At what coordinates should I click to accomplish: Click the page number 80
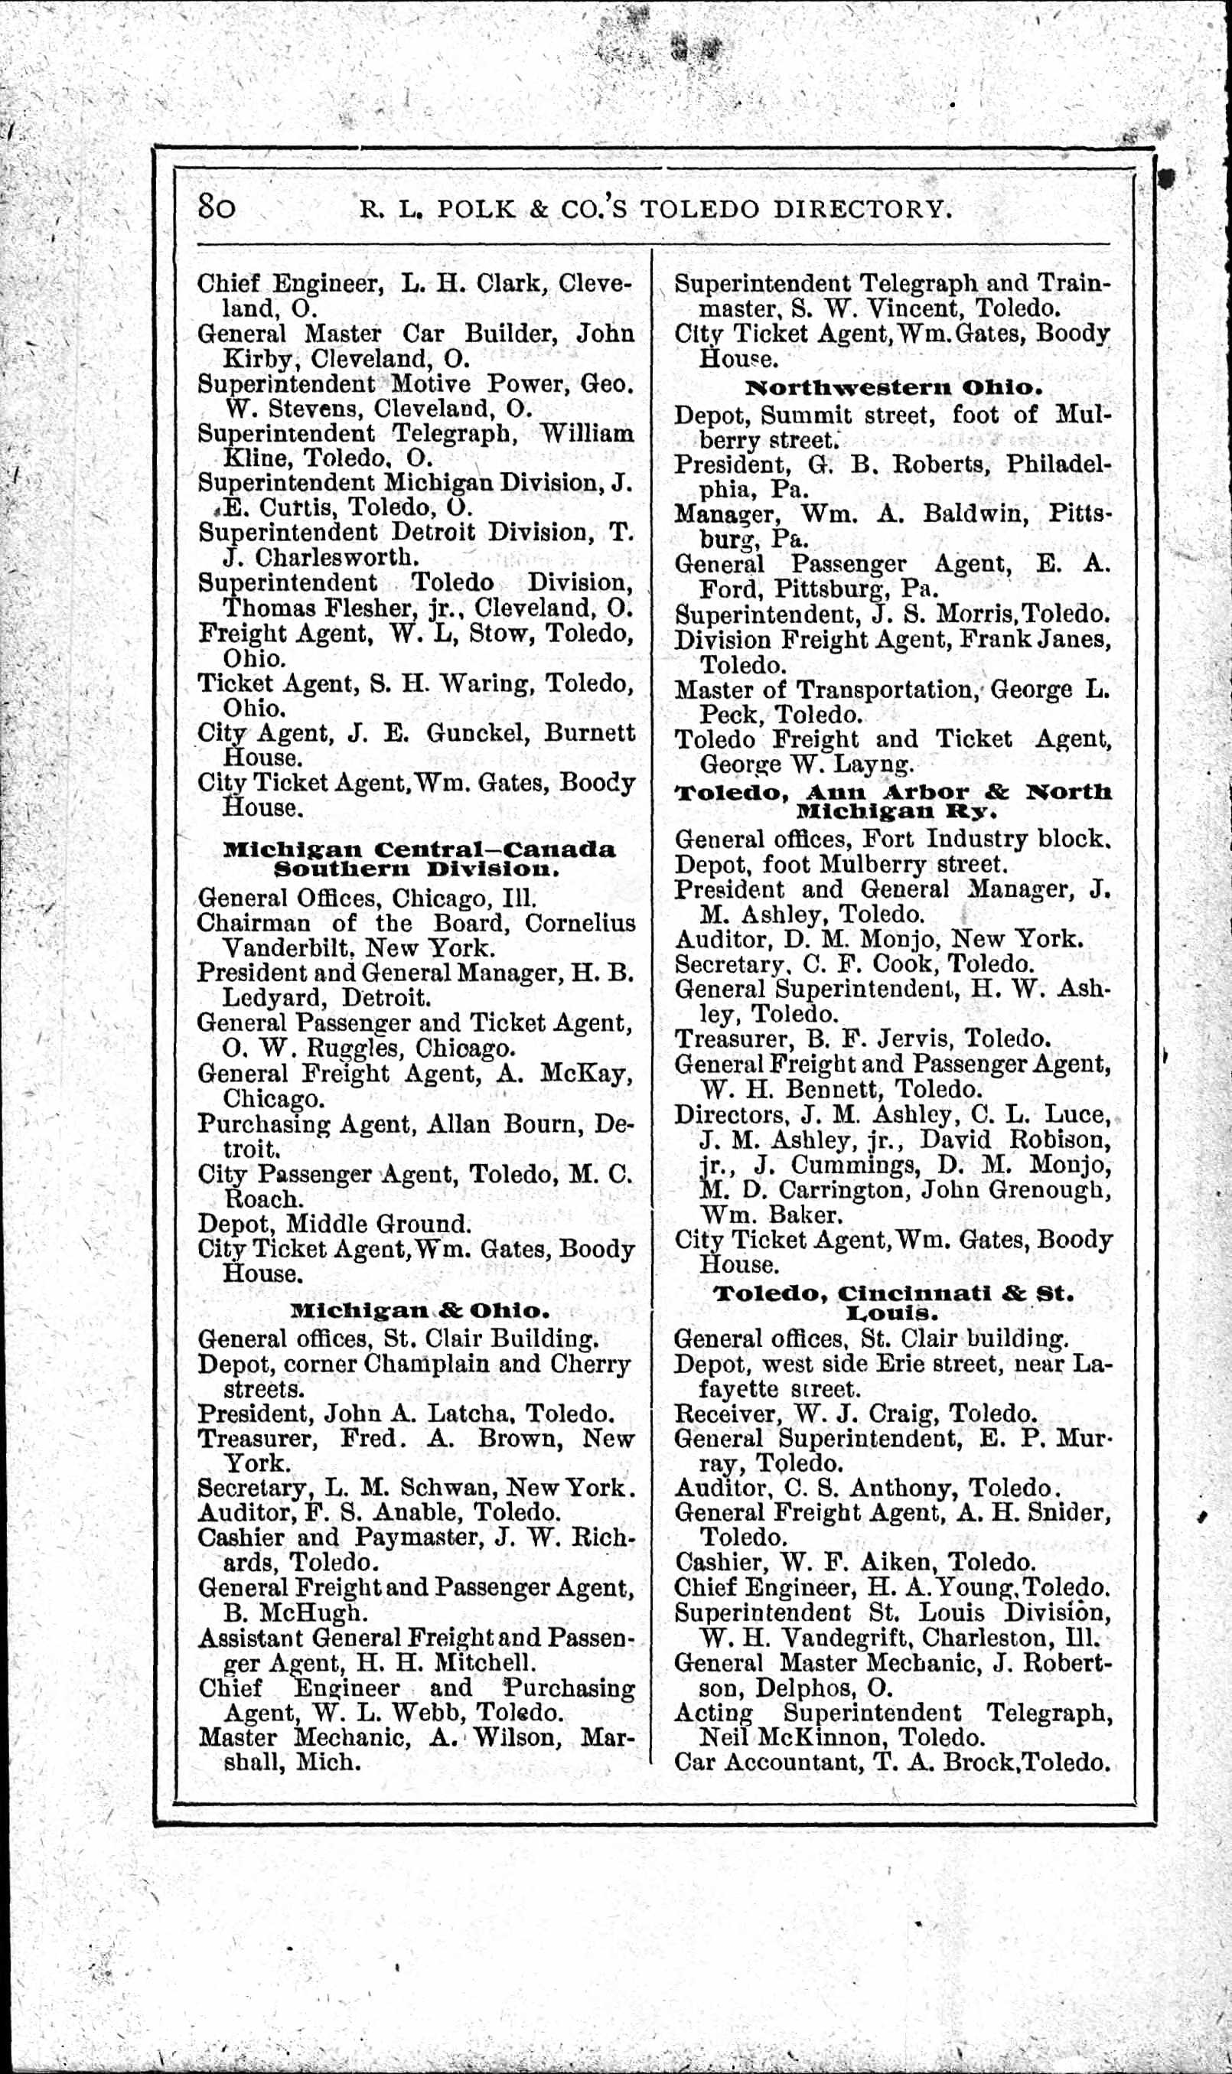[x=216, y=205]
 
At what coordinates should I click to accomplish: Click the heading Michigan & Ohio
[x=419, y=1311]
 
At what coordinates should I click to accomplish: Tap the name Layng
[x=878, y=764]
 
